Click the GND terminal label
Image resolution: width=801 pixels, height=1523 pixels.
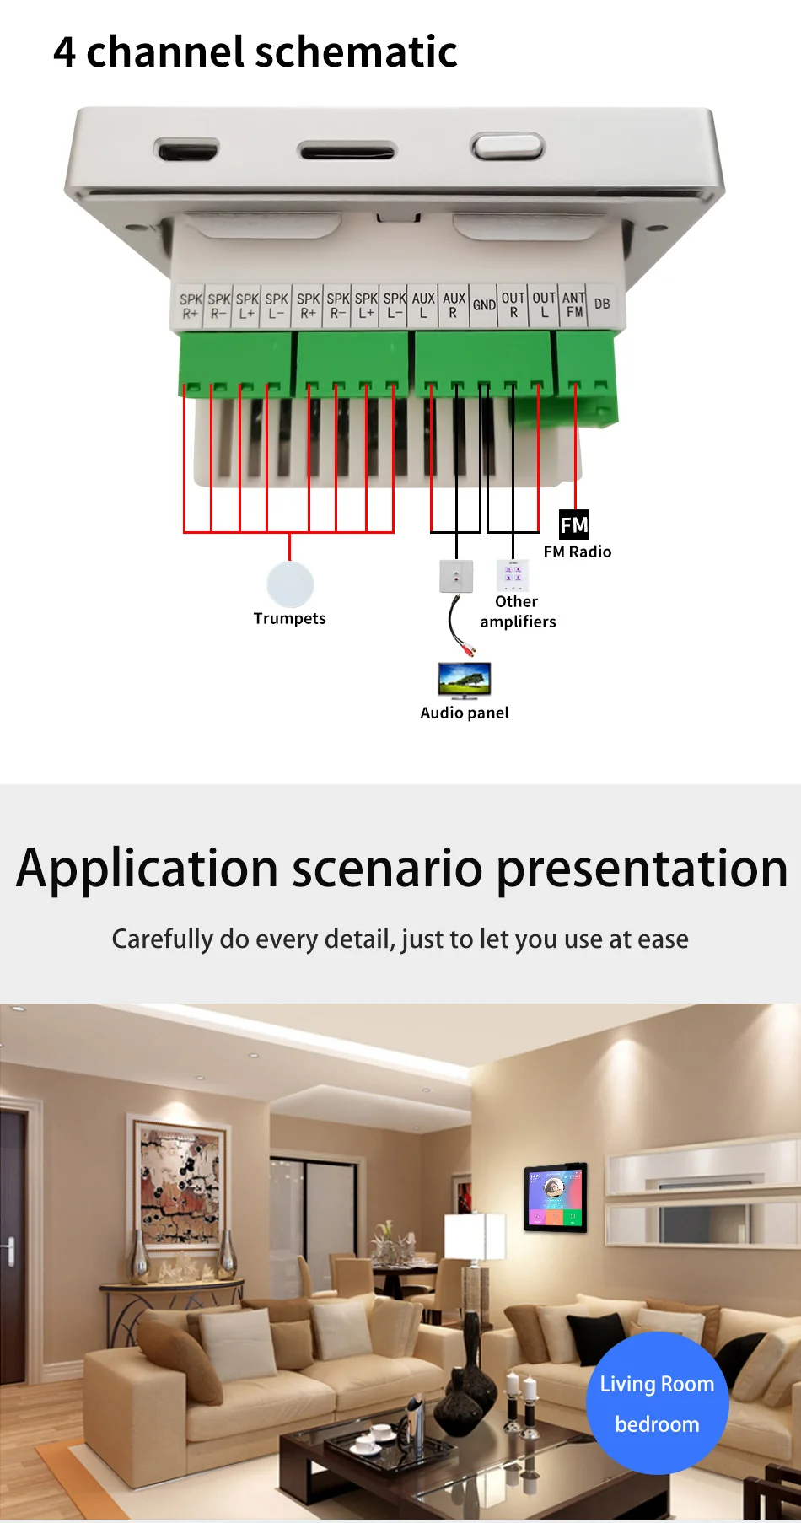[x=484, y=305]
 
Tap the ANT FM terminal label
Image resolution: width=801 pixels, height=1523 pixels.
[x=574, y=304]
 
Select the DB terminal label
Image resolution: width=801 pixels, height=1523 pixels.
[x=602, y=304]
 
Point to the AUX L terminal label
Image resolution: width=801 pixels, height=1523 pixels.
[x=423, y=305]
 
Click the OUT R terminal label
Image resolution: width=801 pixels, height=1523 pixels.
[x=513, y=304]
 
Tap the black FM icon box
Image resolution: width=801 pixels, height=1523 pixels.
[x=574, y=525]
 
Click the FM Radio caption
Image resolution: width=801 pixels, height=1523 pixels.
[x=578, y=552]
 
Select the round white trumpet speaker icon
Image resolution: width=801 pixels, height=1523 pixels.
[x=290, y=584]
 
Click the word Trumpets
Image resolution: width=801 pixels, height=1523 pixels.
[x=289, y=618]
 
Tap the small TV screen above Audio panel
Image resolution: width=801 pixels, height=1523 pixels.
[x=465, y=680]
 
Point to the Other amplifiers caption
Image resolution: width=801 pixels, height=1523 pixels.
[x=518, y=611]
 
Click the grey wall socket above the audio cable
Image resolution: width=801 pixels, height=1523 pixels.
[x=456, y=577]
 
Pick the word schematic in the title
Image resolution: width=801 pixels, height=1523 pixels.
[x=356, y=51]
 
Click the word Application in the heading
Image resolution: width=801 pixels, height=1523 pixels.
[x=148, y=870]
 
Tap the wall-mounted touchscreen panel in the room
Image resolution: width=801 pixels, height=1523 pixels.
[x=556, y=1197]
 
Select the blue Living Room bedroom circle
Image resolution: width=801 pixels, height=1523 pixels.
[x=658, y=1403]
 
